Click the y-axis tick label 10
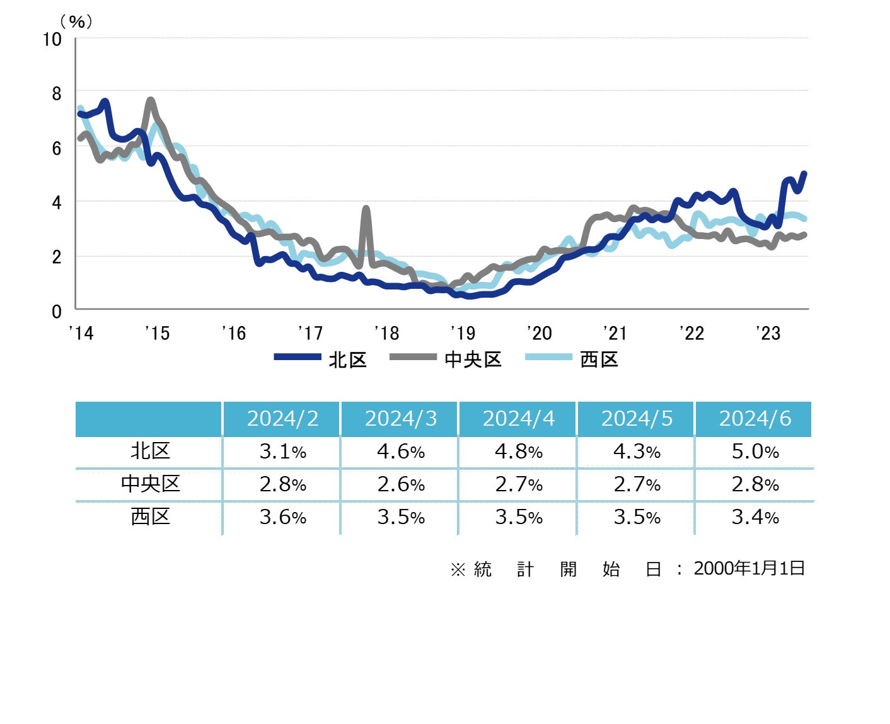click(x=52, y=40)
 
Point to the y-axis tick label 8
click(x=57, y=94)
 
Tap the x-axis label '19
click(x=463, y=333)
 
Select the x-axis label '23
click(x=768, y=333)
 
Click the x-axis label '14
click(x=81, y=333)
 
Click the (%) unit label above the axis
click(x=76, y=22)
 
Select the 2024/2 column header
click(x=282, y=419)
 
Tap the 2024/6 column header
click(x=754, y=419)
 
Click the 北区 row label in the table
click(x=150, y=452)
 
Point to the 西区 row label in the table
click(x=150, y=517)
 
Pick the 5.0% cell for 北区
click(x=754, y=452)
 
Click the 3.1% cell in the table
click(x=282, y=452)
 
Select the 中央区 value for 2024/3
click(x=400, y=484)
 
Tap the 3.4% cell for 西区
click(x=754, y=517)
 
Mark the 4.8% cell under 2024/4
click(x=518, y=452)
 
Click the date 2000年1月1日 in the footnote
click(x=749, y=569)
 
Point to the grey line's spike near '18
click(x=366, y=209)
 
